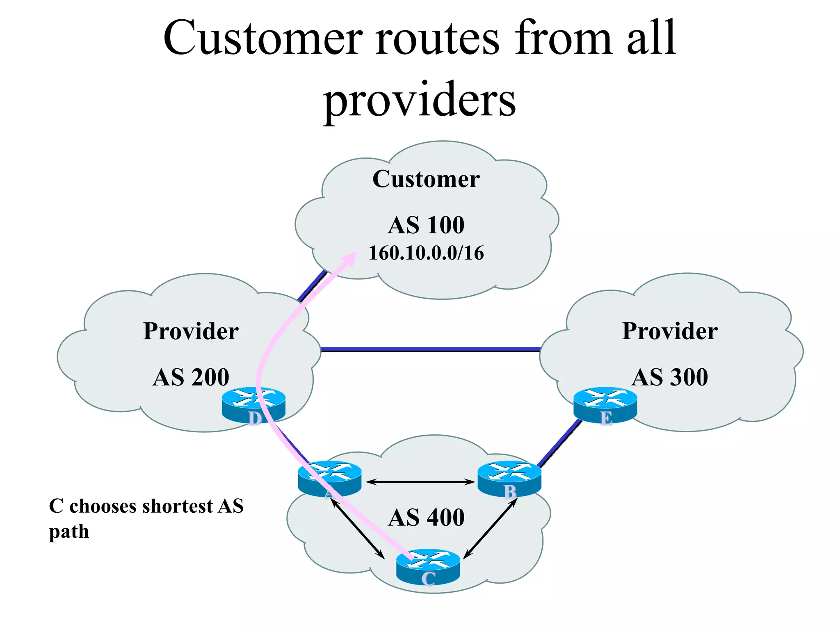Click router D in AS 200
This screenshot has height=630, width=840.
pyautogui.click(x=253, y=404)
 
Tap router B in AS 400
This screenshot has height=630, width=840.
pyautogui.click(x=509, y=478)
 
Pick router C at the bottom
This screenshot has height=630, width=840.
pyautogui.click(x=428, y=566)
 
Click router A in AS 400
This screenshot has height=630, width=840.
pyautogui.click(x=330, y=478)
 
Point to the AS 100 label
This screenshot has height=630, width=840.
pyautogui.click(x=426, y=225)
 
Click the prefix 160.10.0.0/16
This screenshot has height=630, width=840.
pyautogui.click(x=426, y=253)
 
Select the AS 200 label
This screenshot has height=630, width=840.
pyautogui.click(x=191, y=377)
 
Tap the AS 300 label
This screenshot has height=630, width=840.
pyautogui.click(x=669, y=377)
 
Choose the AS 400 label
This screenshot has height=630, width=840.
pyautogui.click(x=426, y=518)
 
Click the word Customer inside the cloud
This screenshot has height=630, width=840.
pyautogui.click(x=426, y=179)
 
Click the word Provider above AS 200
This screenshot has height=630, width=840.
pyautogui.click(x=191, y=331)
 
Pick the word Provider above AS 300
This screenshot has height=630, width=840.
pyautogui.click(x=669, y=331)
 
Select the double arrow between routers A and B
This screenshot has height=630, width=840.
pyautogui.click(x=420, y=482)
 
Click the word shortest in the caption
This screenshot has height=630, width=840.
pyautogui.click(x=183, y=506)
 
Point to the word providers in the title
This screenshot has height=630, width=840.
pyautogui.click(x=419, y=100)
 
